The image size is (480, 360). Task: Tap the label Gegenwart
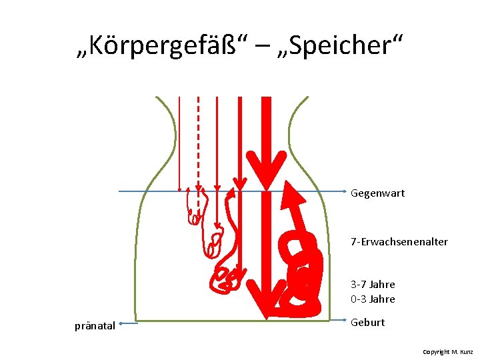pos(377,193)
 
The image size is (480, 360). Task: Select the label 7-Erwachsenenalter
pos(399,241)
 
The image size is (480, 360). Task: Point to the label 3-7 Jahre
pos(373,285)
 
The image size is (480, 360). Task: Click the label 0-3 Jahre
pos(373,299)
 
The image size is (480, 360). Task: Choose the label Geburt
pos(367,323)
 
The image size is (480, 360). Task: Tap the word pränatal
pos(95,326)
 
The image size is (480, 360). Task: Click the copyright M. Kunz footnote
pos(447,351)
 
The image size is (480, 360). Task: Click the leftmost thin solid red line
pos(179,140)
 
